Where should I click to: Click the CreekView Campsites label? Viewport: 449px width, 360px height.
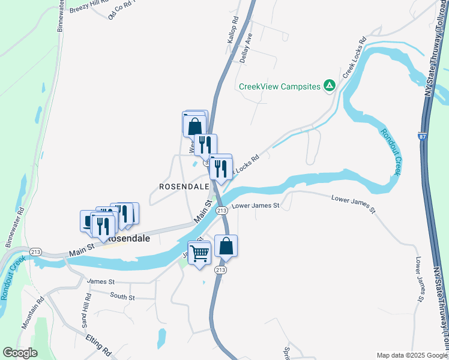280,86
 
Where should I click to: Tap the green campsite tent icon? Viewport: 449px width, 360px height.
329,86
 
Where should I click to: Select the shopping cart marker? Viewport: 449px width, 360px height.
199,253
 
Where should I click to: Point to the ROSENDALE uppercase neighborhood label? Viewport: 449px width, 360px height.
184,187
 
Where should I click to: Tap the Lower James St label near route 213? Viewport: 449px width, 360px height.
256,206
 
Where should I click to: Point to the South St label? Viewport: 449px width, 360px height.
122,296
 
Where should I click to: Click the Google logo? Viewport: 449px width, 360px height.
20,353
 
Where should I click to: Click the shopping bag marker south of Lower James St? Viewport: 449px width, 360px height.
226,247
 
